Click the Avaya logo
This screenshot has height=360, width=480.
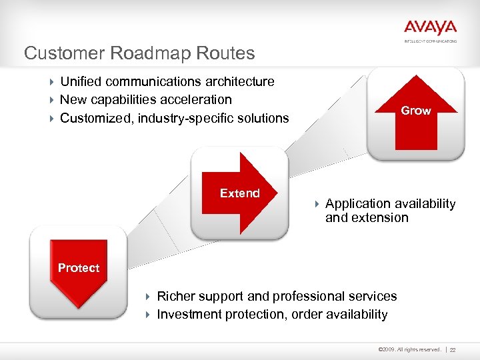tap(430, 28)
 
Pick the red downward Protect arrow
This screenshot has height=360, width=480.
tap(79, 270)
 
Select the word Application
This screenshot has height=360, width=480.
tap(357, 204)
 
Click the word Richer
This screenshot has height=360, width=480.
tap(177, 296)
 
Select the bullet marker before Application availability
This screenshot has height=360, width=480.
tap(317, 204)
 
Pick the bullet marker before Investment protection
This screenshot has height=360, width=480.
tap(149, 315)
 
